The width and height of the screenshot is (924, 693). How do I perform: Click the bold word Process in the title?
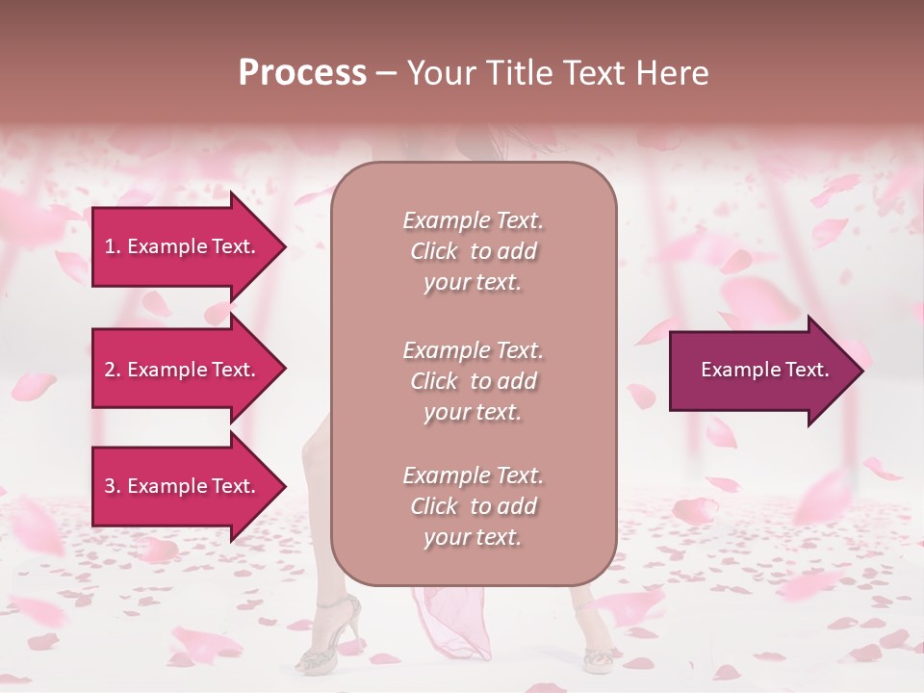302,73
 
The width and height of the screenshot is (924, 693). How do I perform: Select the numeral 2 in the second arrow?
110,370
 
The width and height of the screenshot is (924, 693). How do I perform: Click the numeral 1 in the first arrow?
110,246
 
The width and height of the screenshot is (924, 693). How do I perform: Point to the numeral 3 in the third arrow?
110,486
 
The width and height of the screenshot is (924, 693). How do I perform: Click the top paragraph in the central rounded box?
473,251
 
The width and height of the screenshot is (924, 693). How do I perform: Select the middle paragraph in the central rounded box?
473,381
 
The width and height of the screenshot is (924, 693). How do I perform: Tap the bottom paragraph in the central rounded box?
473,506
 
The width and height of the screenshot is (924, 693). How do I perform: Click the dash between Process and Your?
386,73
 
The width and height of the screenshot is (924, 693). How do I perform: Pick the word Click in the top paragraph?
433,252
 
